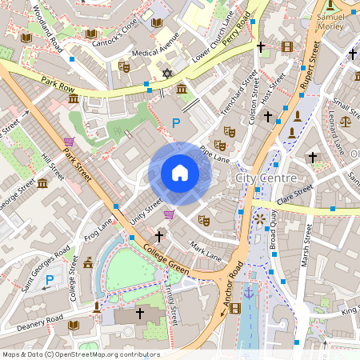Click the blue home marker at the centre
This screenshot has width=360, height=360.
(x=180, y=172)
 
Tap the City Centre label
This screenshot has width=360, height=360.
(x=267, y=178)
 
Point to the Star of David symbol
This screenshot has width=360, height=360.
(x=167, y=74)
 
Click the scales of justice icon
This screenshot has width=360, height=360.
(x=345, y=122)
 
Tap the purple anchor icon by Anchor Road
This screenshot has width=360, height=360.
(x=248, y=294)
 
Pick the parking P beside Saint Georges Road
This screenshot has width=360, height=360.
(x=49, y=280)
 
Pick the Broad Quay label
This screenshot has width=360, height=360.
(x=272, y=230)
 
